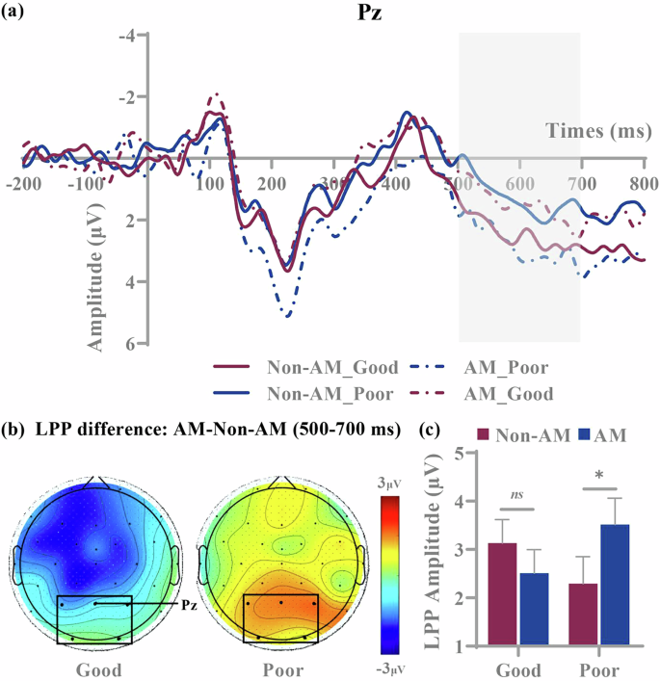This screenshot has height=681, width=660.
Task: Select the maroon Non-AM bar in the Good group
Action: click(x=500, y=594)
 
